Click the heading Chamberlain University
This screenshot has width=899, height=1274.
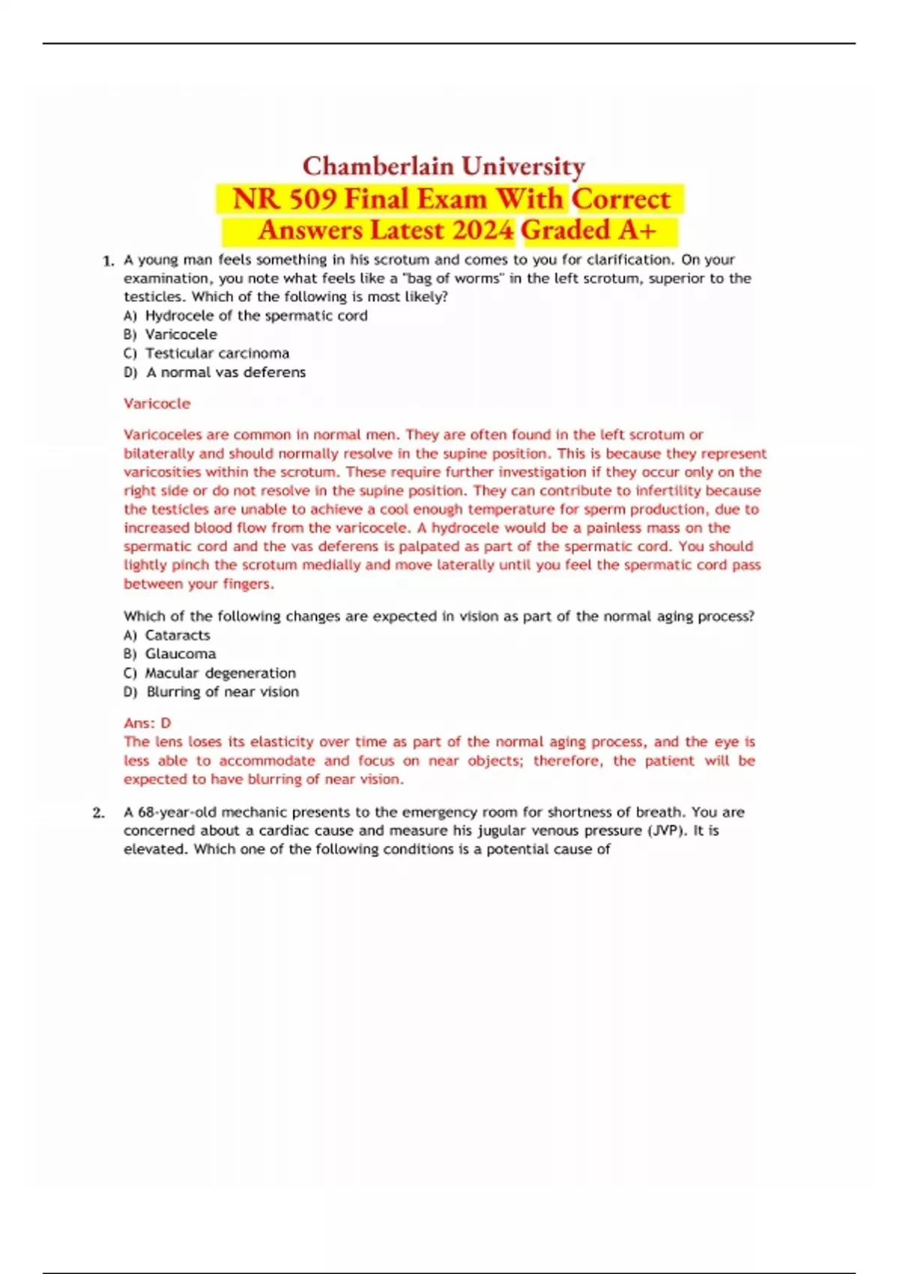[444, 166]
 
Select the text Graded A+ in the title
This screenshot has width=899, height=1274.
[589, 230]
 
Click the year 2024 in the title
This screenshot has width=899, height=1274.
[478, 230]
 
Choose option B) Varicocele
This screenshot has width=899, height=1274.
[171, 334]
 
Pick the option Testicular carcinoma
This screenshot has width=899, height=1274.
[217, 353]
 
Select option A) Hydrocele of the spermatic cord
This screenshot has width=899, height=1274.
[246, 316]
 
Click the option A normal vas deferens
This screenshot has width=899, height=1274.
[225, 372]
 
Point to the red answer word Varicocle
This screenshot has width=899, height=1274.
[157, 403]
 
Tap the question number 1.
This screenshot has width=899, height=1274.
[108, 261]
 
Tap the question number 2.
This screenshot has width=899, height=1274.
[98, 812]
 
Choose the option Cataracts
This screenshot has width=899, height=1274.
[178, 635]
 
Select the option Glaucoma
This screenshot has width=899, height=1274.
[180, 653]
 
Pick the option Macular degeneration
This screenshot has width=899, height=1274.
[220, 673]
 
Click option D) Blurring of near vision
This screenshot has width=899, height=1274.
[211, 692]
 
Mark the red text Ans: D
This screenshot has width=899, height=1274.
[148, 723]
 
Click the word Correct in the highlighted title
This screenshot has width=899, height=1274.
[621, 199]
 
